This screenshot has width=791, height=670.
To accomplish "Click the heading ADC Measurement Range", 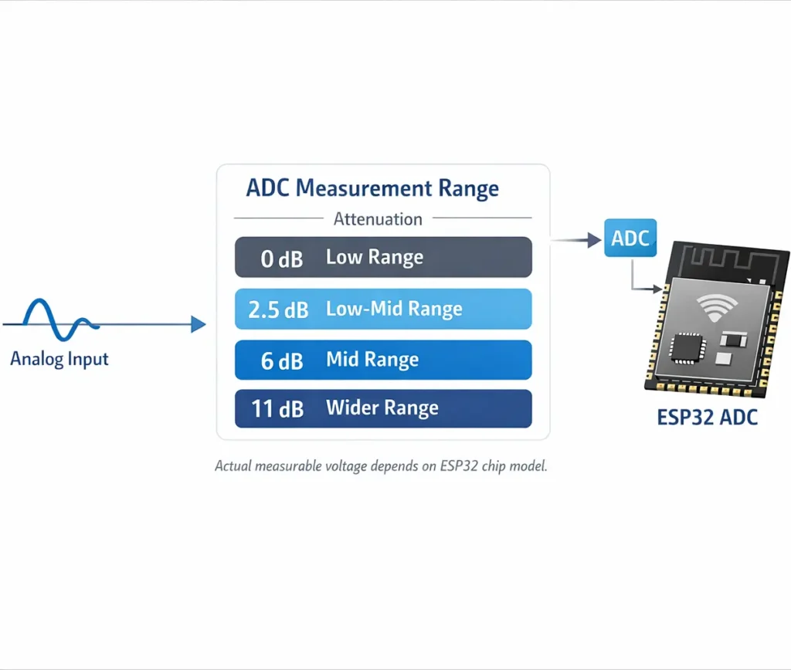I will coord(372,188).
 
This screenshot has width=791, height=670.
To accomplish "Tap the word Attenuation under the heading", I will coord(378,219).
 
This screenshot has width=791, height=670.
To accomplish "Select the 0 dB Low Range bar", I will coord(383,257).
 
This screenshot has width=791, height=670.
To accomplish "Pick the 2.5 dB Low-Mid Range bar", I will coord(383,310).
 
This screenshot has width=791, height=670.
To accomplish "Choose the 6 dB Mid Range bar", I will coord(383,360).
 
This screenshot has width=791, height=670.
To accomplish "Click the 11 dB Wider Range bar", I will coord(383,408).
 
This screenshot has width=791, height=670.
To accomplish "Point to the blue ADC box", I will coord(630,239).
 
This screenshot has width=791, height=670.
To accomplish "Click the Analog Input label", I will coord(59,359).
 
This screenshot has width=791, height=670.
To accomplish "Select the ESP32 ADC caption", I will coord(707,418).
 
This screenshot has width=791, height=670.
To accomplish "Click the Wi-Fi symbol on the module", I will coord(717,308).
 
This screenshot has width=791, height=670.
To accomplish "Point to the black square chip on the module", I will coord(685,347).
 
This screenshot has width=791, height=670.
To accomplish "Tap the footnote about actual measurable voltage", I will coord(381,466).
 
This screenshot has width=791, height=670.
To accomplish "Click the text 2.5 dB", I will coord(278,310).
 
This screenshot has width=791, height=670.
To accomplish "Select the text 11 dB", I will coord(277,409).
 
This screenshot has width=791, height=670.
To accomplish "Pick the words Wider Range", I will coord(382,408).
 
